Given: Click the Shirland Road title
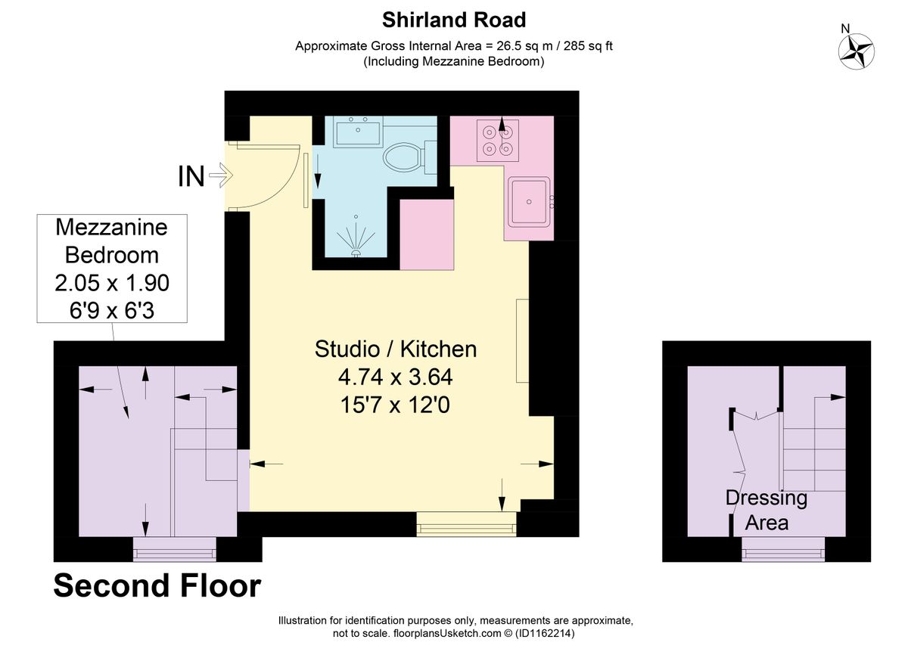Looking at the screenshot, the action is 453,20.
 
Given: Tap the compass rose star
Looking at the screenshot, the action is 856,51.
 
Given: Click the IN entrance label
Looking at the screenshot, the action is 191,176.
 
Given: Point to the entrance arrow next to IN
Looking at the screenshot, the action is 221,175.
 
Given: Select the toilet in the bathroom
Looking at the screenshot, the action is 409,157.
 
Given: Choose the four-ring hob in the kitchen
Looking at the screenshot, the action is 497,140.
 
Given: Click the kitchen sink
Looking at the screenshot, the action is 529,202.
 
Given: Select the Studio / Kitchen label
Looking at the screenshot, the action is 396,349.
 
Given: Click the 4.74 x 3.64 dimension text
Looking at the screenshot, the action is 396,377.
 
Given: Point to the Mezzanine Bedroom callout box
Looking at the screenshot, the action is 112,268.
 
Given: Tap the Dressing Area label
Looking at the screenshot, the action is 767,510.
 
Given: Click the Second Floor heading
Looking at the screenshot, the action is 157,585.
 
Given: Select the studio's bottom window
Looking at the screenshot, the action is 467,524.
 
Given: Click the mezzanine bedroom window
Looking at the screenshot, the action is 175,549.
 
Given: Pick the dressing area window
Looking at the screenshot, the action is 783,549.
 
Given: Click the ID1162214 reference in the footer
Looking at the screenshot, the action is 544,633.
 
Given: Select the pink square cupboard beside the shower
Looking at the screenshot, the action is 427,234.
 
